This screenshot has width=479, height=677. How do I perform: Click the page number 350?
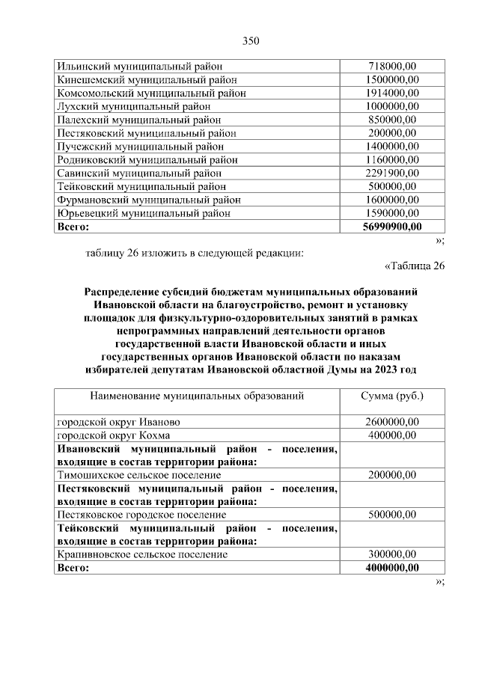click(x=250, y=40)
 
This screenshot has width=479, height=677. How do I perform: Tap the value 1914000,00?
click(x=393, y=93)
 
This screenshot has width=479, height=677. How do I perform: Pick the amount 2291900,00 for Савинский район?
click(x=393, y=173)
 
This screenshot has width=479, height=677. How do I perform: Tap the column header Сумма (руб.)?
click(x=393, y=395)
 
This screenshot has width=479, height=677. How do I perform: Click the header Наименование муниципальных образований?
click(x=197, y=395)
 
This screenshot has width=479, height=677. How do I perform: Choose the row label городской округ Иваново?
click(x=118, y=422)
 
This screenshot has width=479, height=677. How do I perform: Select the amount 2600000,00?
click(x=393, y=422)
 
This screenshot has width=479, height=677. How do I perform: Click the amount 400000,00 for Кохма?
click(x=393, y=435)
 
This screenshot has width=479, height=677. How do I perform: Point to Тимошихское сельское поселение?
click(x=139, y=475)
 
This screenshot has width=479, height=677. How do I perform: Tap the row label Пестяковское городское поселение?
click(x=141, y=515)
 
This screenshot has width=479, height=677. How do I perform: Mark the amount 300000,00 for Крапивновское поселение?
click(x=393, y=555)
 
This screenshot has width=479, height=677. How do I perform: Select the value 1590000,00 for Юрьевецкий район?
click(x=393, y=213)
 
